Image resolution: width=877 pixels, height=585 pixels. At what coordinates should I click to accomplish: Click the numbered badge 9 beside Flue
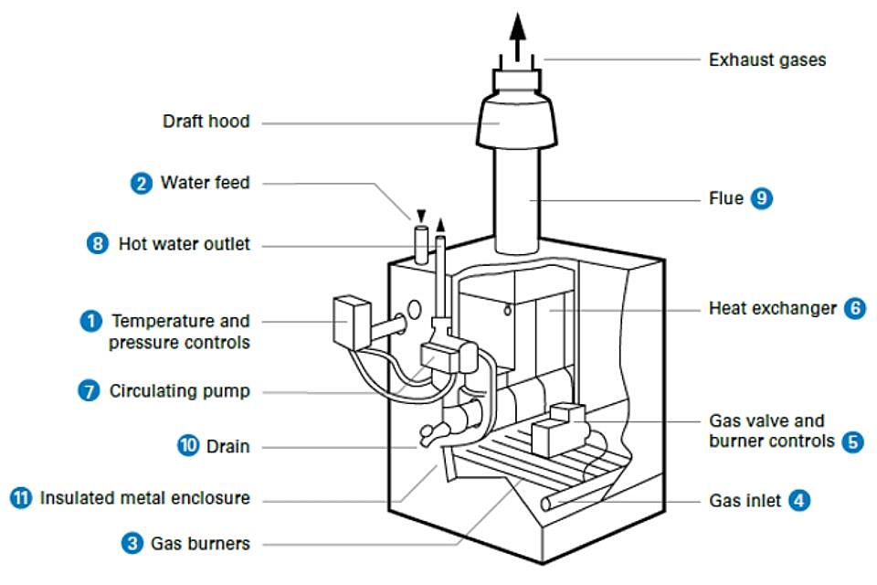click(x=762, y=197)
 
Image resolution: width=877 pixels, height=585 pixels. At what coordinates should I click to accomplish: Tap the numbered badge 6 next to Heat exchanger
click(x=853, y=308)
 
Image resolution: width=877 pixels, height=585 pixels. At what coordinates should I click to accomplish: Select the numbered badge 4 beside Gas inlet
click(x=798, y=501)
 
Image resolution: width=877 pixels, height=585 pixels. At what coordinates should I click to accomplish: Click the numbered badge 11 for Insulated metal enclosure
click(x=21, y=498)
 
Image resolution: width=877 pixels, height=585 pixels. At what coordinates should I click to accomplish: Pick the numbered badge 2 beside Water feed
click(x=141, y=183)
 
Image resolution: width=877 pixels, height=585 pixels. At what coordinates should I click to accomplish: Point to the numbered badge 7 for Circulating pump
click(x=90, y=391)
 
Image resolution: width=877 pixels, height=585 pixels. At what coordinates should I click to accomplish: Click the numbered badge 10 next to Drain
click(x=187, y=446)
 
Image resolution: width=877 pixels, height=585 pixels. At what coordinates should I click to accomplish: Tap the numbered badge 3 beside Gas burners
click(x=132, y=543)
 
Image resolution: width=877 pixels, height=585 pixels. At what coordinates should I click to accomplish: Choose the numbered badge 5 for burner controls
click(x=853, y=441)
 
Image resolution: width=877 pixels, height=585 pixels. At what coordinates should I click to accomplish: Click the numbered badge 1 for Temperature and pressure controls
click(x=90, y=321)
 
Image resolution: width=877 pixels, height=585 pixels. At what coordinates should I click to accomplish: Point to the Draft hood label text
click(x=206, y=122)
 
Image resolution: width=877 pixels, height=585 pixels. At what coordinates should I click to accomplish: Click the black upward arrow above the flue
click(x=518, y=27)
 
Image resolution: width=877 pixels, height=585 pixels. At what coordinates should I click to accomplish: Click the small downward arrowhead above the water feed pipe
click(x=420, y=214)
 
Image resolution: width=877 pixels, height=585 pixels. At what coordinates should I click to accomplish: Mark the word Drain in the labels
click(x=228, y=446)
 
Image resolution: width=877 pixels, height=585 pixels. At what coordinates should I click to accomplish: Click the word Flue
click(x=726, y=197)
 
